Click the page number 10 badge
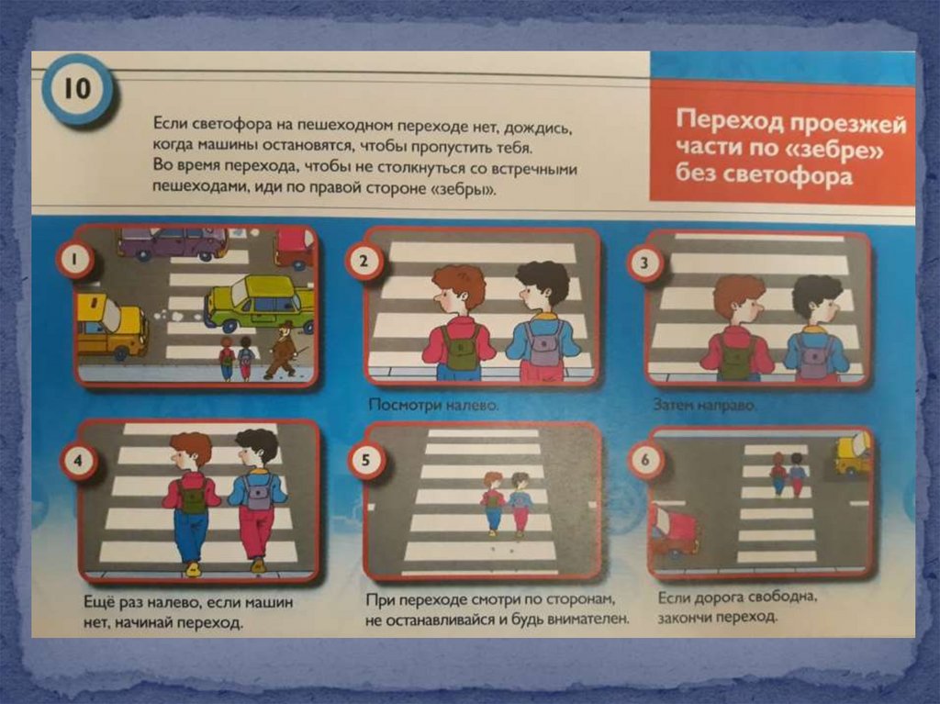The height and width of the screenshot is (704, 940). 77,89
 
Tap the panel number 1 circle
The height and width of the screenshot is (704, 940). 75,259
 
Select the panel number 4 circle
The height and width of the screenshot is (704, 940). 78,461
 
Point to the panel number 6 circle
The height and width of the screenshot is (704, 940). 645,460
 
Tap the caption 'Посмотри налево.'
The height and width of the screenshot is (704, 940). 433,405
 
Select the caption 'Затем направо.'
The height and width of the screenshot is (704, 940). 705,406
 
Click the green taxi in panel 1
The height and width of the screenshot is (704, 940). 260,303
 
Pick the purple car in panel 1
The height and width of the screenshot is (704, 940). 173,243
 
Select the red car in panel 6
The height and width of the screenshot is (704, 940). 675,531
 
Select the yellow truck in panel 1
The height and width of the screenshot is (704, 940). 112,326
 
